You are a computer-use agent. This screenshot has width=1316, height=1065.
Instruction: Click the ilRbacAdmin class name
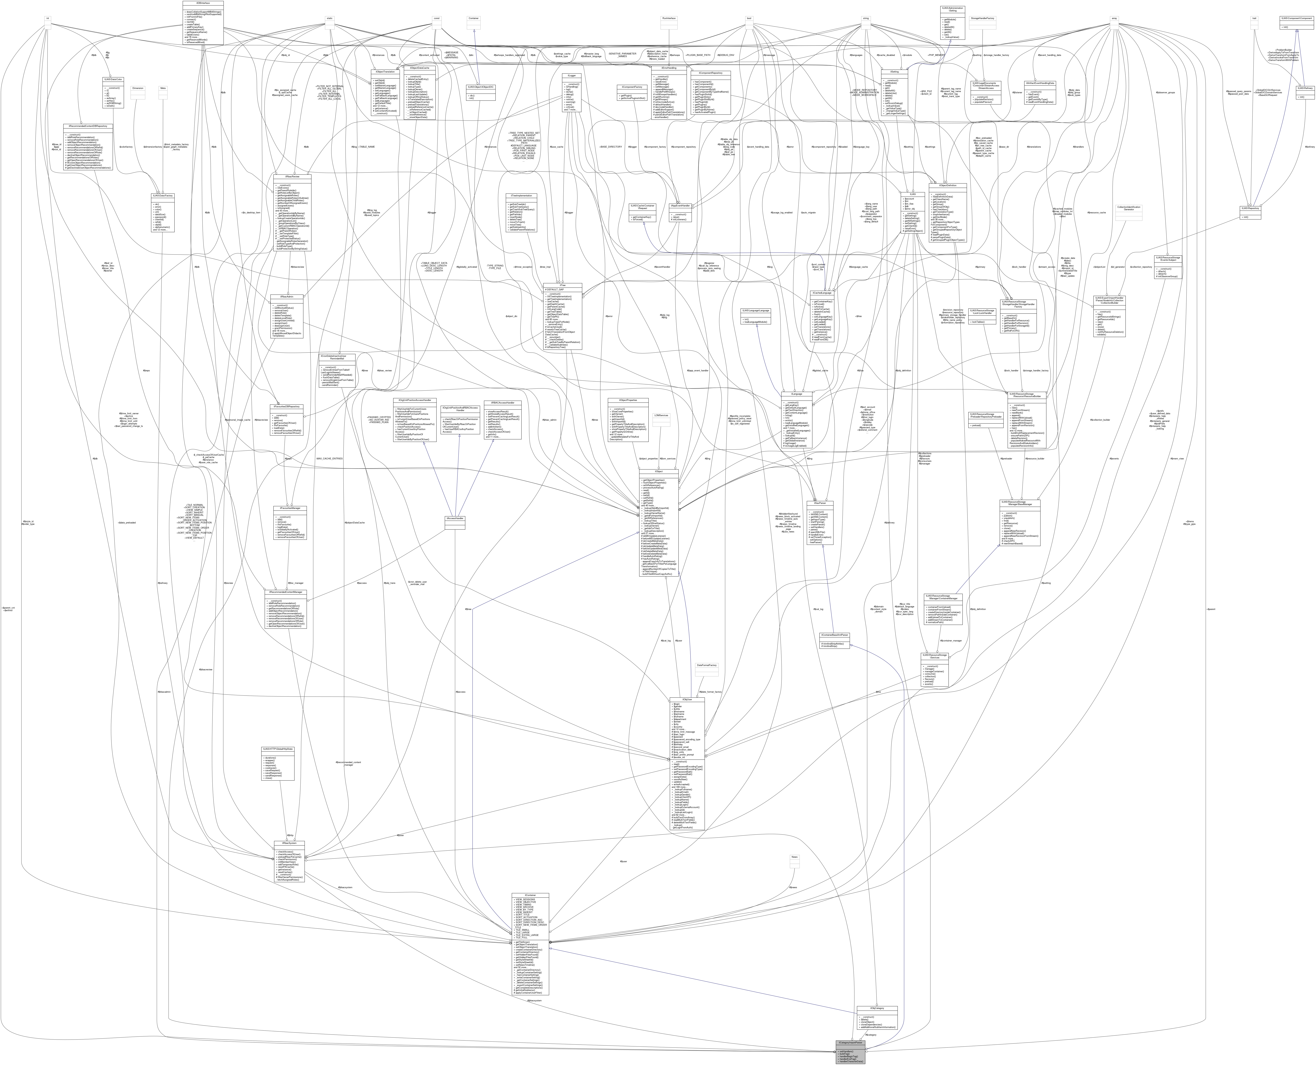287,296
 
